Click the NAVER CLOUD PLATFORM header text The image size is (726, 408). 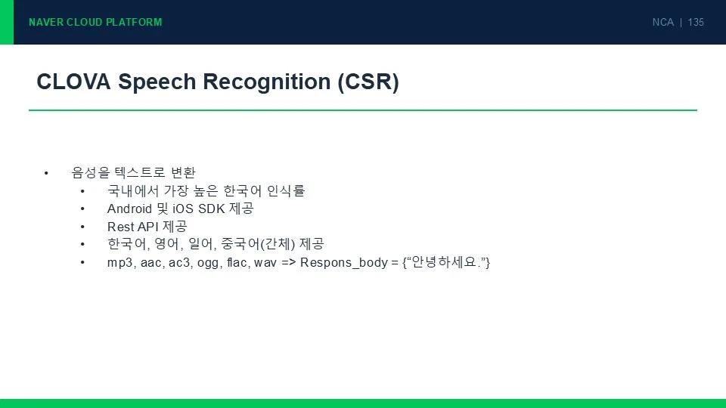(x=95, y=22)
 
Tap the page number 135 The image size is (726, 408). (x=696, y=22)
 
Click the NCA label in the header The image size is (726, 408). (x=663, y=22)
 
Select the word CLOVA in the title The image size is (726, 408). (x=73, y=82)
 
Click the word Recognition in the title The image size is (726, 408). (x=266, y=82)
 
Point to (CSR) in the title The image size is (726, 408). (x=368, y=82)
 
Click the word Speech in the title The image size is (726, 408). (x=157, y=82)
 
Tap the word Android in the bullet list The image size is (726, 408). (x=129, y=209)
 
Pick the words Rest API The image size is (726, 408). (x=133, y=227)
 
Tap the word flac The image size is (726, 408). (x=237, y=262)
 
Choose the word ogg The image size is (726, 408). (x=209, y=263)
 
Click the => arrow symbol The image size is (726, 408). (x=288, y=263)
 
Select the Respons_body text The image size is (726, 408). (x=344, y=263)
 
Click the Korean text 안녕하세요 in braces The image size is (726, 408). (x=444, y=262)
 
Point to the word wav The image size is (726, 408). (x=265, y=263)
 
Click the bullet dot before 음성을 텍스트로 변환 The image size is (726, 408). (x=46, y=173)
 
